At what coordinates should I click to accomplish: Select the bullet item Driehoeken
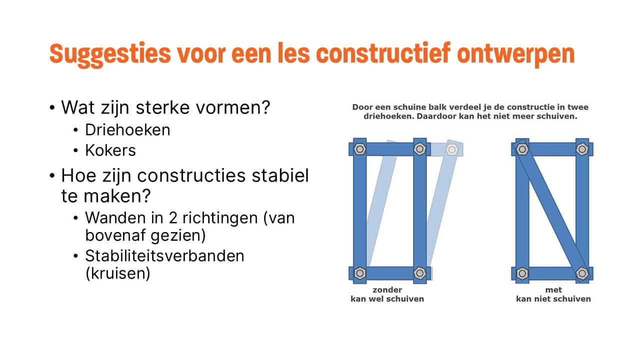127,130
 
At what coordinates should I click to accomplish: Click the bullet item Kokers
110,150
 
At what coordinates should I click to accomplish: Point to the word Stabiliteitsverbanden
164,256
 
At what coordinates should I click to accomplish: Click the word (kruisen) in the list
117,274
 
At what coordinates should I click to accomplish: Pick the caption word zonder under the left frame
387,290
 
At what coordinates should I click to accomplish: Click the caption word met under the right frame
553,290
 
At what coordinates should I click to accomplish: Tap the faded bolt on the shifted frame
451,149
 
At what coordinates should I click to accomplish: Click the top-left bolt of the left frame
359,149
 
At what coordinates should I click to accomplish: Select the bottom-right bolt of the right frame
581,273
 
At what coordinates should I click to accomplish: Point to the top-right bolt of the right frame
581,149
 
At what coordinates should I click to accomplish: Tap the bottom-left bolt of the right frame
522,273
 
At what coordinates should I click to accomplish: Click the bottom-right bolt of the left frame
419,273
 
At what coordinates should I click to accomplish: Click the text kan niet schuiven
553,299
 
